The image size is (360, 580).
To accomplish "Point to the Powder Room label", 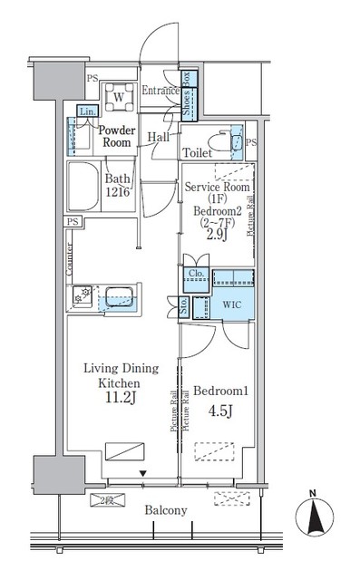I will click(117, 137).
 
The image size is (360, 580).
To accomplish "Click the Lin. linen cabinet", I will click(86, 111).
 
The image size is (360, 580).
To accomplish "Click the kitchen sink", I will click(116, 296).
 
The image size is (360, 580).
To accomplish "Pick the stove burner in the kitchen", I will click(83, 296).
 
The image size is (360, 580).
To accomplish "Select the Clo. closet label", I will click(195, 273).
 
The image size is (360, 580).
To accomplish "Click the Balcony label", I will click(166, 510).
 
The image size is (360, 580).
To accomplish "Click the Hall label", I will click(159, 138).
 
